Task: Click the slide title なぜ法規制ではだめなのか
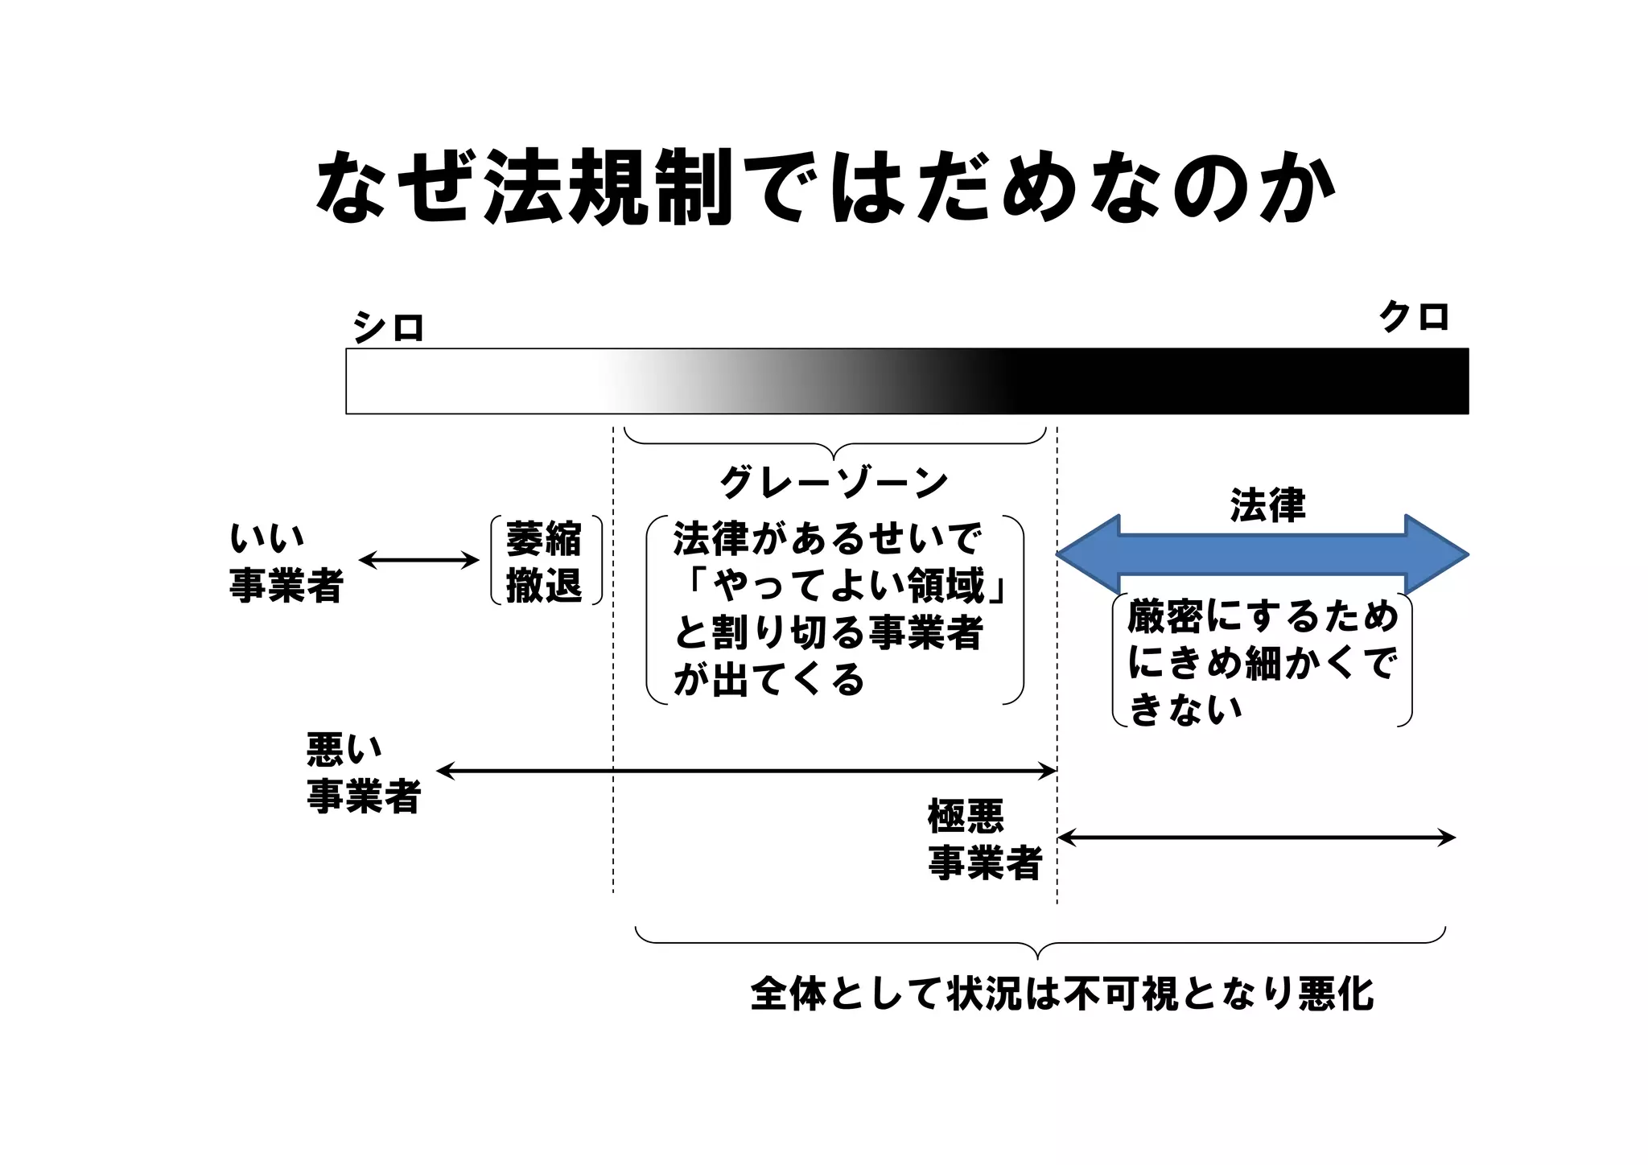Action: (x=826, y=186)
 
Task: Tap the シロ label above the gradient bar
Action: (x=388, y=327)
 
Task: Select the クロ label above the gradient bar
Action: (x=1414, y=316)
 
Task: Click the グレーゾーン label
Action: (x=834, y=483)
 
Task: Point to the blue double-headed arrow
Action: (x=1262, y=555)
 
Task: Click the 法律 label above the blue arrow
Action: (x=1267, y=505)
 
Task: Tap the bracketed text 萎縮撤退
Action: (x=544, y=561)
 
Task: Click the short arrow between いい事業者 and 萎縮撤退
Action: (x=418, y=561)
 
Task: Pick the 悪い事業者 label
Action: (x=364, y=772)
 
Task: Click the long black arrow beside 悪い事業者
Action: (x=745, y=772)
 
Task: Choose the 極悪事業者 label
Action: (x=985, y=839)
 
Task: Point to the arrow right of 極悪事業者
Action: (x=1256, y=838)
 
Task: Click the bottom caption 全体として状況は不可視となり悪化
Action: (x=1061, y=994)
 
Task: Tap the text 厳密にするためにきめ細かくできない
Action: (x=1262, y=661)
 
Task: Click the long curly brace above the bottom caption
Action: (x=1040, y=941)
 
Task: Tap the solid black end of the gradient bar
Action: (x=1287, y=381)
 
